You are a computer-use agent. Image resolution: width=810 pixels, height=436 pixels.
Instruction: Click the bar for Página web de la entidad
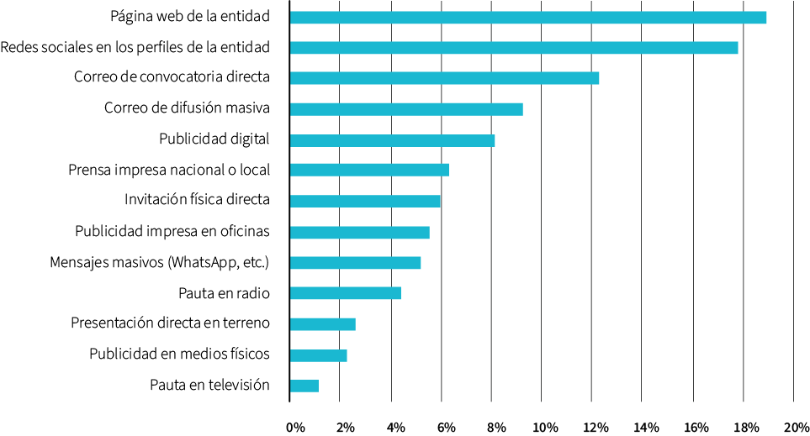pos(527,18)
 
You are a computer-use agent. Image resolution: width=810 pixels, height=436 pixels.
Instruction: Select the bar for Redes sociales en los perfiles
pos(513,48)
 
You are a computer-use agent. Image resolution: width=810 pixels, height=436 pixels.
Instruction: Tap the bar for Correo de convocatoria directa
pos(444,78)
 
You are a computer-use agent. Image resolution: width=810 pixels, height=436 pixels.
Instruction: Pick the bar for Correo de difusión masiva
pos(406,109)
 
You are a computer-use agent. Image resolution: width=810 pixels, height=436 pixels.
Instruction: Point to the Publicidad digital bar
pos(392,140)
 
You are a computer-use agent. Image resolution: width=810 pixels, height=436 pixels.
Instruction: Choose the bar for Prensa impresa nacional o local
pos(369,170)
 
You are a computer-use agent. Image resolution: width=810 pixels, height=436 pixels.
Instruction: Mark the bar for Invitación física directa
pos(365,201)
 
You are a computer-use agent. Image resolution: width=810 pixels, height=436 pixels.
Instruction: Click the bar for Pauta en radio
pos(345,293)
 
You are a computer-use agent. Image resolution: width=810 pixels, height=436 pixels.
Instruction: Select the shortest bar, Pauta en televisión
pos(304,386)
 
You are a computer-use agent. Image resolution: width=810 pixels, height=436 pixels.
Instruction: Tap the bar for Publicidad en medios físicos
pos(318,355)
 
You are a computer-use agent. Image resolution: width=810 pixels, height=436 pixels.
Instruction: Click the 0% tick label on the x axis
pos(295,428)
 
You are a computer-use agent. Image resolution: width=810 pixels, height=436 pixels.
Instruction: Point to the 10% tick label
pos(545,428)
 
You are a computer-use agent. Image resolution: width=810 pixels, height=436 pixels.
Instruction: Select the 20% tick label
pos(796,428)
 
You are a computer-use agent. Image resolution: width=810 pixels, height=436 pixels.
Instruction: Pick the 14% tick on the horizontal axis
pos(646,428)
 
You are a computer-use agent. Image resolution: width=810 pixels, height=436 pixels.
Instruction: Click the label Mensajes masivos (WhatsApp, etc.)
pos(159,262)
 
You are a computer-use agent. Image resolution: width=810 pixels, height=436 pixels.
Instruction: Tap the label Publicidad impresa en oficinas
pos(172,231)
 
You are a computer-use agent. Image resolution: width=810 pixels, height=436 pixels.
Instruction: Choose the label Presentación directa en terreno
pos(170,323)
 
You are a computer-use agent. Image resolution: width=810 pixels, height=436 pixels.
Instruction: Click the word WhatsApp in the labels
pos(201,262)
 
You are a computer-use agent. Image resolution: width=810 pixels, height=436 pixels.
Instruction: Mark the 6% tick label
pos(446,428)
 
